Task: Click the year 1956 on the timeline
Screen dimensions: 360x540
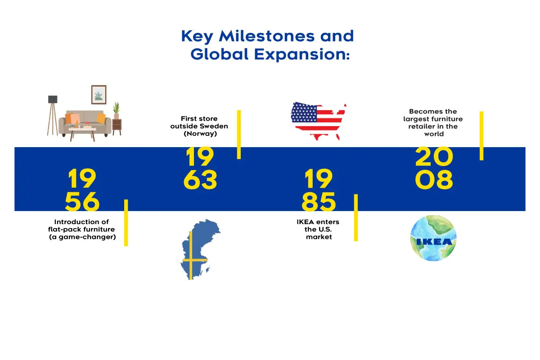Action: (82, 190)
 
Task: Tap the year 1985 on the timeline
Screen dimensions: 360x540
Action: (319, 190)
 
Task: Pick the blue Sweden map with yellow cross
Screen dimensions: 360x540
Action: (198, 250)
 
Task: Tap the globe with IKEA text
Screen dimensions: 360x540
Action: (433, 238)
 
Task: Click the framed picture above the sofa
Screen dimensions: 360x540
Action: (99, 94)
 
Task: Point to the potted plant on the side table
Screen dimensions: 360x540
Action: (117, 110)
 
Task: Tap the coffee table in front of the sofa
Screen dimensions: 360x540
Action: (82, 132)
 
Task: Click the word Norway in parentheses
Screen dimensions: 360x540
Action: (199, 134)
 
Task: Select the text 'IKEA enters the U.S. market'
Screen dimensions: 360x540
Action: (318, 229)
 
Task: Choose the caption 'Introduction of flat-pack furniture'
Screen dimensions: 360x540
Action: (82, 229)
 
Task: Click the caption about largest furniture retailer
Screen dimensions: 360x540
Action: (433, 122)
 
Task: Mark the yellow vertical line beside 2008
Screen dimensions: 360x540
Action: (481, 135)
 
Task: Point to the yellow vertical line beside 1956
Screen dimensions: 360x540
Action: (126, 222)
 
